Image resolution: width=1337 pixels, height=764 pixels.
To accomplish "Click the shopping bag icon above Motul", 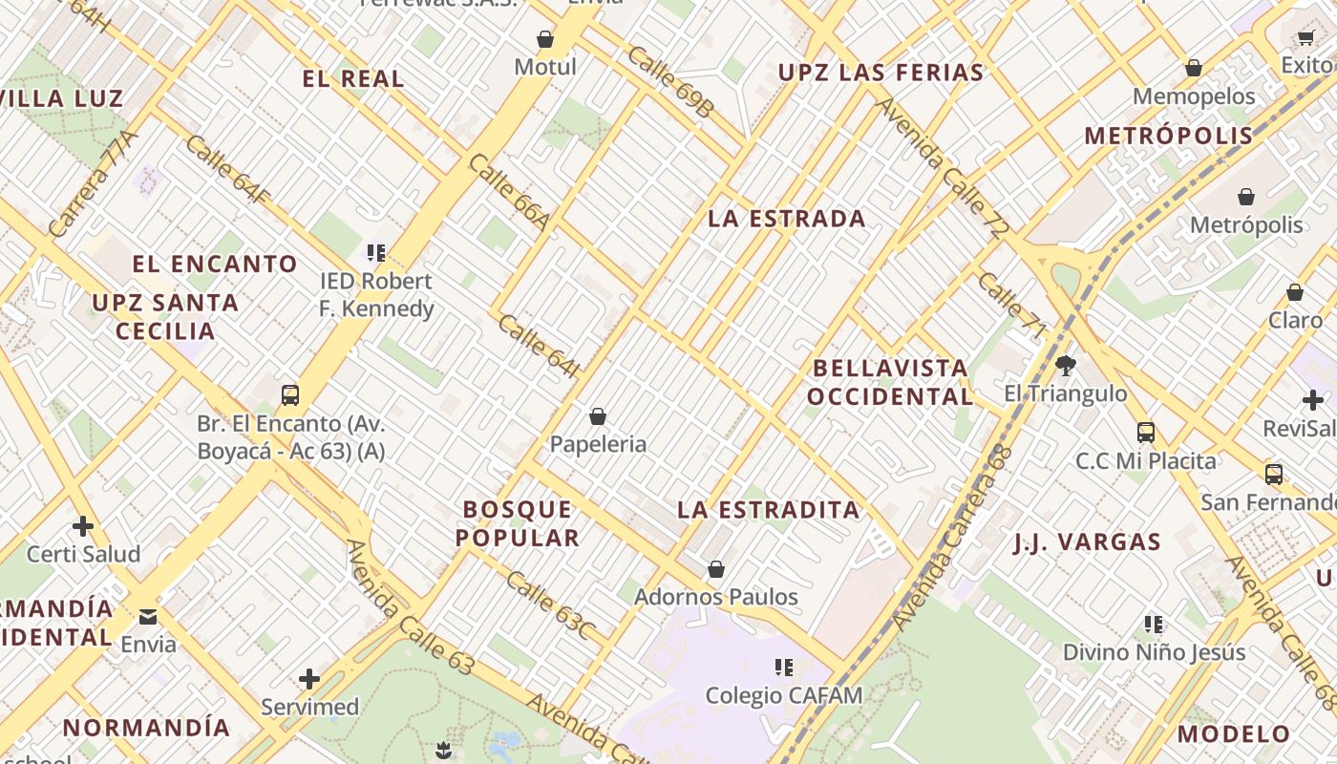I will (x=545, y=39).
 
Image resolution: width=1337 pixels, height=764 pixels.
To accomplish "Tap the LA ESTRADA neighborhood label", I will (x=786, y=219).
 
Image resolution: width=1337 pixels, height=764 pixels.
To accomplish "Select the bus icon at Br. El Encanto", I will (x=290, y=394).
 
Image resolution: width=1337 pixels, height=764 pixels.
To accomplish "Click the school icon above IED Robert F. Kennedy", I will (x=375, y=253).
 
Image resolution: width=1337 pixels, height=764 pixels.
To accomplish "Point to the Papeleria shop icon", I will (x=598, y=416).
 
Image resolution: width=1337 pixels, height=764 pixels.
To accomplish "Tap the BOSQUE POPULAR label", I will (x=518, y=523).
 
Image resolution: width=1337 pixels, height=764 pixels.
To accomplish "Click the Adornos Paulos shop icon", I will (x=716, y=569).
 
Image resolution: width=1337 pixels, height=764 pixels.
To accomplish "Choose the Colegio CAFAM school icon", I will (x=784, y=668).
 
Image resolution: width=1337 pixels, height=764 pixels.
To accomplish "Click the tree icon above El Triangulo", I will (x=1065, y=365).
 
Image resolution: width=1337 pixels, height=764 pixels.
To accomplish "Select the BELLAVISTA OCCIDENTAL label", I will (x=890, y=382).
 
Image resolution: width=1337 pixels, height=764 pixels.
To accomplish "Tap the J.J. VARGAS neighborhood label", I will (x=1087, y=543).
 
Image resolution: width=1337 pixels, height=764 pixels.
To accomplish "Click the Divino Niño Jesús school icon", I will (x=1154, y=625).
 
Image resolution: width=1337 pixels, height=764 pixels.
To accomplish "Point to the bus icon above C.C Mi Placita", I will (x=1146, y=433).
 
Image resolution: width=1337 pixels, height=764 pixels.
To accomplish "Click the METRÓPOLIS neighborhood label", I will (x=1168, y=136).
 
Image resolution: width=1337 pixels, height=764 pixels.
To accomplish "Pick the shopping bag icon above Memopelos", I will (x=1193, y=68).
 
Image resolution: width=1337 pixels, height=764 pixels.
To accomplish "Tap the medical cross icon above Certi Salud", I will (x=83, y=525).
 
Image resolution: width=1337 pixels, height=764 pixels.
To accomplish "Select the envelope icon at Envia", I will (x=148, y=616).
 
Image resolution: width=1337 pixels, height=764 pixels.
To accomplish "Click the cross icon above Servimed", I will (x=309, y=679).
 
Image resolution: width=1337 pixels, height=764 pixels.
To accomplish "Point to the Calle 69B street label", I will (x=669, y=82).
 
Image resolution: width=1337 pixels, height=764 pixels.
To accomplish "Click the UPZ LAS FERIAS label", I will (x=881, y=73).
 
